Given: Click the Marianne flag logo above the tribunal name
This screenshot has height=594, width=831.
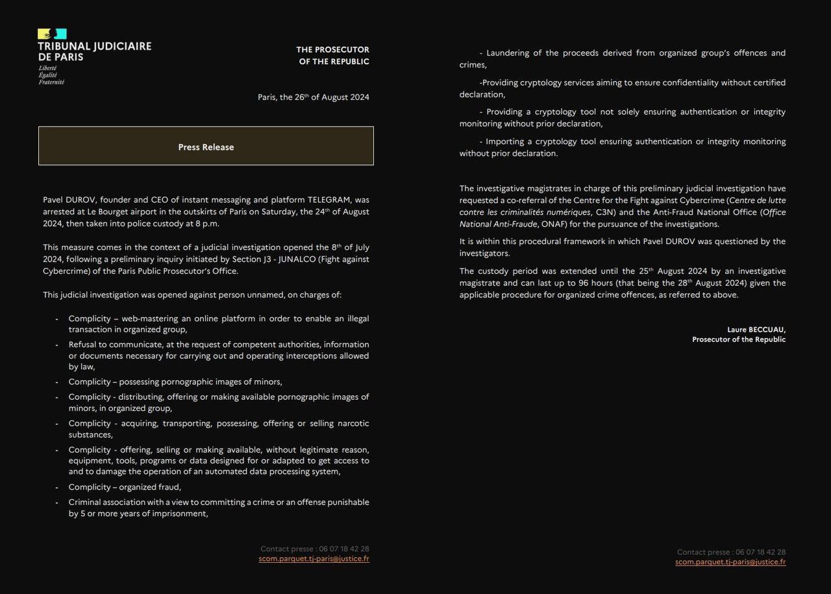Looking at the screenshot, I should coord(52,34).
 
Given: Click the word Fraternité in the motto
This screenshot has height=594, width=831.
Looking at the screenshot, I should coord(51,82).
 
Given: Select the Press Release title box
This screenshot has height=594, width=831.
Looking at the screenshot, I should coord(206,147).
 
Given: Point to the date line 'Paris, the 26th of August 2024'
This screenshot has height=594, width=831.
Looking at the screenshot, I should coord(314,97).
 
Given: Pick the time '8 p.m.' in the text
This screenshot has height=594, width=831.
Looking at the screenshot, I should coord(207,223).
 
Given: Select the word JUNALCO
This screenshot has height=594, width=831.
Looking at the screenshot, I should coord(299,259).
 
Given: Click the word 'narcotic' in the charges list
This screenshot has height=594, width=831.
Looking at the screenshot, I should coord(353,423).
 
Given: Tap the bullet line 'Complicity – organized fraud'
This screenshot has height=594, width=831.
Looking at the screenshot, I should coord(125,487).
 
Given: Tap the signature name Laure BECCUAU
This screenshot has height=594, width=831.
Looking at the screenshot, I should coord(756,330).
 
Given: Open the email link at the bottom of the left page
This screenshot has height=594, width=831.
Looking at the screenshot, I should coord(314,558).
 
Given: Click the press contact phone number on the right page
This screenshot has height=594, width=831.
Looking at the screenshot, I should coord(760,552).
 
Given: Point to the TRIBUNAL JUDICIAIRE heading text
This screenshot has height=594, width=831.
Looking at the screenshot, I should coord(95,46).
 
